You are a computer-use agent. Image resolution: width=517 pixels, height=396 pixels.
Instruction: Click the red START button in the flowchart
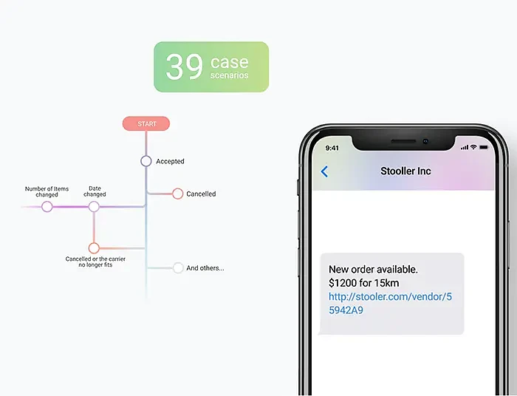(x=146, y=123)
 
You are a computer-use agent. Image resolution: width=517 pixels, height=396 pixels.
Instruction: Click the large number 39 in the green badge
(x=184, y=66)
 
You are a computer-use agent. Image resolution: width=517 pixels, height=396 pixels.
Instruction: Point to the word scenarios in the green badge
(x=229, y=75)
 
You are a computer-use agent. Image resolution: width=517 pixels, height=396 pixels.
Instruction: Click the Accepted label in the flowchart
(x=170, y=161)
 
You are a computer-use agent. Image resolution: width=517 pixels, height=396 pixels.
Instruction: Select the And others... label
(x=205, y=268)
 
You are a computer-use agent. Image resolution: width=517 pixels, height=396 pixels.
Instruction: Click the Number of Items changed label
(x=47, y=191)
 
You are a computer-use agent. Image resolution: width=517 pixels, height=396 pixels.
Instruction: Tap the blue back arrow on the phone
(x=324, y=171)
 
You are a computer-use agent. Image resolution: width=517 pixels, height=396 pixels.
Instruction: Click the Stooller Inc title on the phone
(x=405, y=171)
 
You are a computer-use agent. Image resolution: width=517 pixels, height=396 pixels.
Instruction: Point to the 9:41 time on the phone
(x=332, y=148)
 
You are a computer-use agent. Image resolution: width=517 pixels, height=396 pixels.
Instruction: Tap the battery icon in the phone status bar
(x=484, y=147)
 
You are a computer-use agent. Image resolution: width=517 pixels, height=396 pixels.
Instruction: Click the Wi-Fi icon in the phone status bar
(x=473, y=147)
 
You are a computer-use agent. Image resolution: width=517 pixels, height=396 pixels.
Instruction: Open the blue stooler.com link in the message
(x=391, y=304)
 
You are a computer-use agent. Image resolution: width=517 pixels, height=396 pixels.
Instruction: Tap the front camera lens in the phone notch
(x=425, y=141)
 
